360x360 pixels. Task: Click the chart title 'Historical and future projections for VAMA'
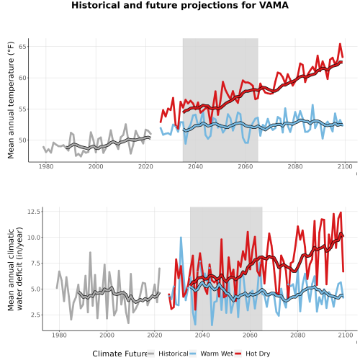point(180,5)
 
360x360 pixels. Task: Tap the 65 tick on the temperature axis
point(22,47)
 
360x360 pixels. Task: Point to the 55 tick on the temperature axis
point(22,109)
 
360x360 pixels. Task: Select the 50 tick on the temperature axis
point(22,140)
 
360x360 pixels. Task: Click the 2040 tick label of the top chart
point(195,166)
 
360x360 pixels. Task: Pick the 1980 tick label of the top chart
point(46,166)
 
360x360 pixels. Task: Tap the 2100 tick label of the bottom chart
point(346,335)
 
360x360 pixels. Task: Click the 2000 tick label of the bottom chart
point(107,335)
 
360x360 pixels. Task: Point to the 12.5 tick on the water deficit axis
point(35,212)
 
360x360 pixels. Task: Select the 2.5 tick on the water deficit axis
point(36,315)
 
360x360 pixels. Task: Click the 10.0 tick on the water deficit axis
point(35,237)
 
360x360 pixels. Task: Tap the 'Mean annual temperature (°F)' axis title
point(11,100)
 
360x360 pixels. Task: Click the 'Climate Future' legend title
point(120,354)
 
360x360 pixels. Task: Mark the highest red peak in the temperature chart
point(340,44)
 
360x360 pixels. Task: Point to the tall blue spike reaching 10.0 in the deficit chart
point(181,238)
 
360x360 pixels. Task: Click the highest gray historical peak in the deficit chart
point(90,253)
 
